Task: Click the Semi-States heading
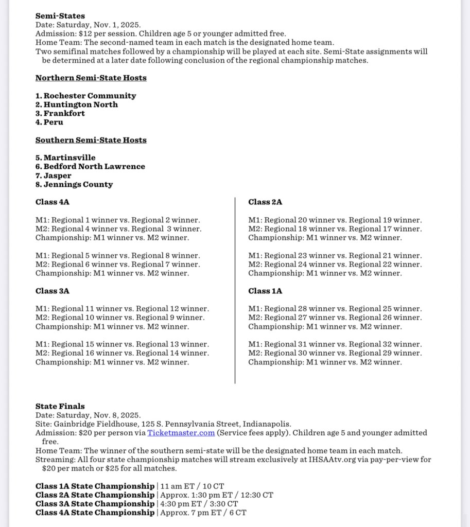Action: click(x=60, y=16)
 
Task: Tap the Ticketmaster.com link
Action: click(x=181, y=433)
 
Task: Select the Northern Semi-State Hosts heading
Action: click(x=91, y=78)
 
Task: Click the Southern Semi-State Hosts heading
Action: click(x=91, y=140)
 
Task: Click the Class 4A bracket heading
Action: click(x=53, y=202)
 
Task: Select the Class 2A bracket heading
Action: click(x=265, y=202)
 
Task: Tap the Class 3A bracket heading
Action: click(x=53, y=291)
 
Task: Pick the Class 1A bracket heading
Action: click(x=265, y=291)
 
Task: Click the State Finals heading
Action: click(x=60, y=406)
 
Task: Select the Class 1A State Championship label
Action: click(x=95, y=486)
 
